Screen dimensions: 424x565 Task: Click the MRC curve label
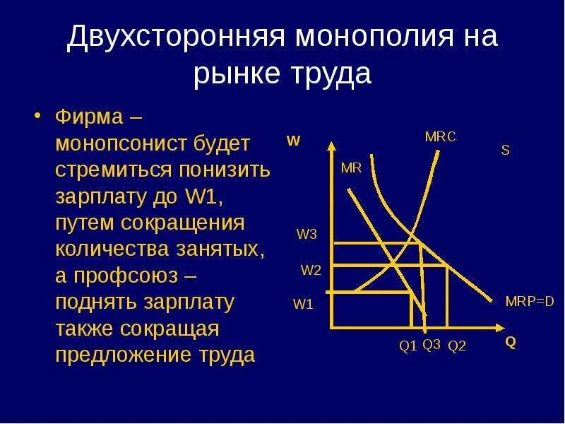coord(440,137)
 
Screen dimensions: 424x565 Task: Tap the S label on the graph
coord(505,151)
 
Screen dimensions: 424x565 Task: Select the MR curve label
coord(351,168)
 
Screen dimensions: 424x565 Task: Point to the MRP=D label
coord(530,301)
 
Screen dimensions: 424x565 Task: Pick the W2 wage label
coord(311,270)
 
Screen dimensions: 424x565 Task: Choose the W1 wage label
coord(303,305)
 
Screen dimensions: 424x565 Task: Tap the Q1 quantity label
coord(408,346)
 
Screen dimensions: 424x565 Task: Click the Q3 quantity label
coord(432,345)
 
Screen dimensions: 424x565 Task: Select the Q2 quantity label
coord(457,346)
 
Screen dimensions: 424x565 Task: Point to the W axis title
coord(294,141)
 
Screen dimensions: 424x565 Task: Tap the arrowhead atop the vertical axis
coord(331,146)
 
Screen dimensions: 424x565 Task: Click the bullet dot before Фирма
coord(40,115)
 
